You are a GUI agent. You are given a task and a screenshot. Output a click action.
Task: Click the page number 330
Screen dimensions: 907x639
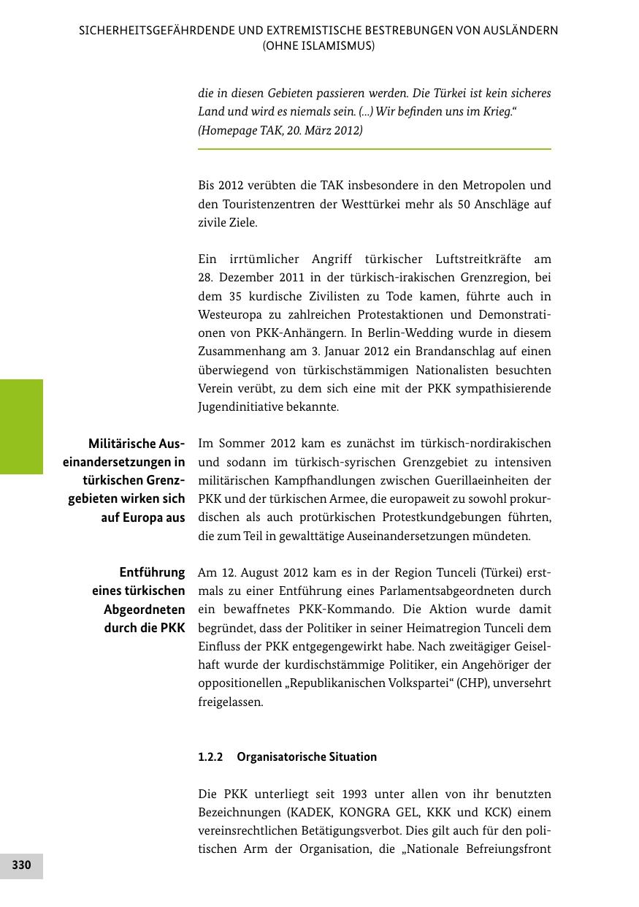click(x=21, y=865)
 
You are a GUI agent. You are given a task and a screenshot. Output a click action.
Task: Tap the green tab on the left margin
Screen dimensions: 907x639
click(x=21, y=426)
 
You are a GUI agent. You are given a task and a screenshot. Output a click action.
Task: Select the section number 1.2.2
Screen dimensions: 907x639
click(x=210, y=756)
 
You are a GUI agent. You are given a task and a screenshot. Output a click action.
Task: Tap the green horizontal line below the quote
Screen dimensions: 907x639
click(x=374, y=149)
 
